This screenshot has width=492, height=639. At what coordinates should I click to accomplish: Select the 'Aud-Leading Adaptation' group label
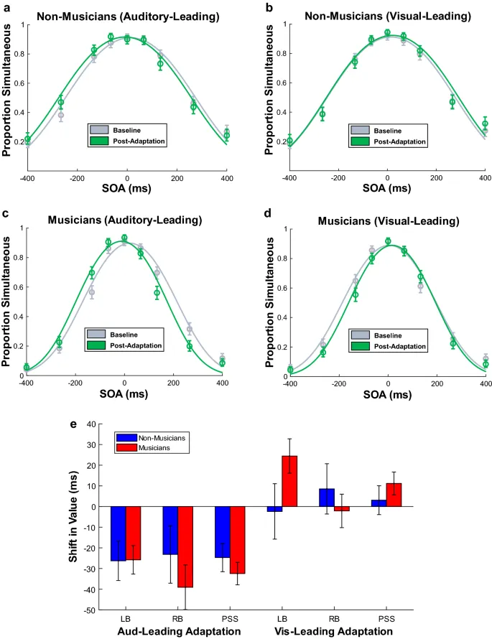179,631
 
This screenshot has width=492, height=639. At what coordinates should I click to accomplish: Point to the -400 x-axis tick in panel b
289,177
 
